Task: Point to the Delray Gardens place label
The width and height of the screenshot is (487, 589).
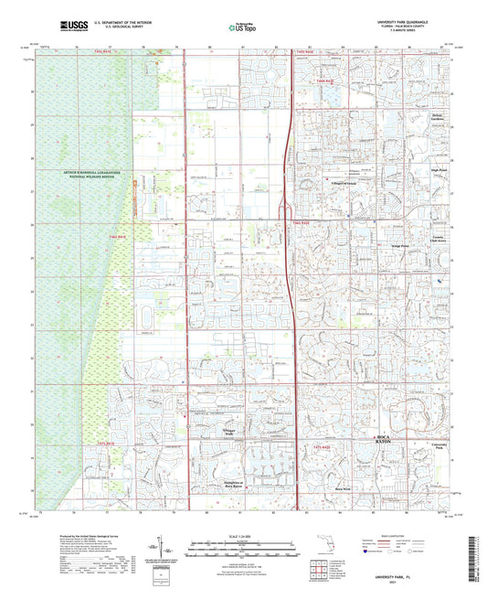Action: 439,119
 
